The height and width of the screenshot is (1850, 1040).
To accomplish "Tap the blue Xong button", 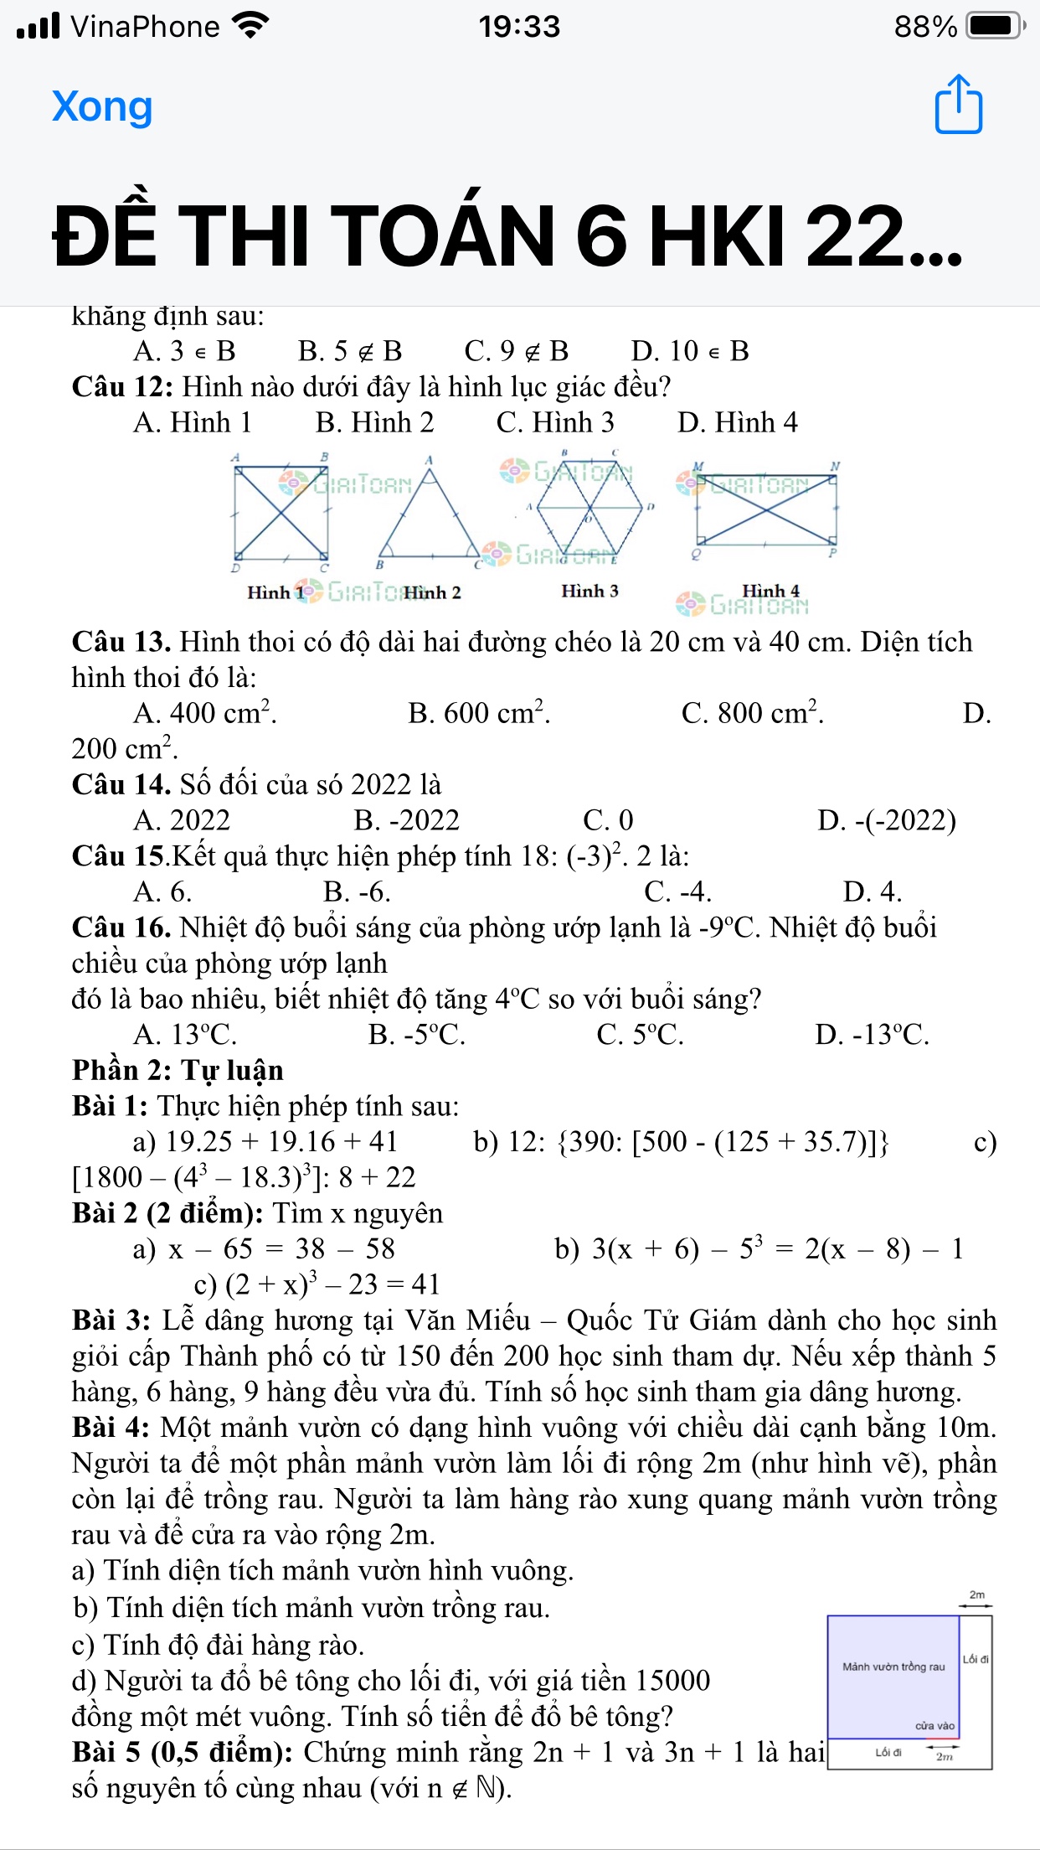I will tap(102, 106).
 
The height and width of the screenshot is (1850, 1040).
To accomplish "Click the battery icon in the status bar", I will tap(994, 26).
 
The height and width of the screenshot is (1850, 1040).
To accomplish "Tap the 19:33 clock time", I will tap(519, 26).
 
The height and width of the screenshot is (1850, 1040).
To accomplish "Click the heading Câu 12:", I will tap(122, 387).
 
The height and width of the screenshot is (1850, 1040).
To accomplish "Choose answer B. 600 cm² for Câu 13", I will tap(478, 713).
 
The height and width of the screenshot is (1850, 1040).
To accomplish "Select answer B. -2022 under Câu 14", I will tap(407, 820).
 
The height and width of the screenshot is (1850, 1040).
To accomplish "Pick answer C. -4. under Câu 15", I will tap(677, 891).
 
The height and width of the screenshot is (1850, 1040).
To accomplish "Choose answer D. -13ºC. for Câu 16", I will tap(872, 1035).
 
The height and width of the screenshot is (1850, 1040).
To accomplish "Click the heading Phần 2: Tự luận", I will tap(178, 1071).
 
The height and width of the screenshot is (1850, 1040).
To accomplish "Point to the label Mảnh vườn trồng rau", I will tap(893, 1667).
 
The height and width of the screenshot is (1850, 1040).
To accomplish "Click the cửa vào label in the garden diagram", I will tap(934, 1726).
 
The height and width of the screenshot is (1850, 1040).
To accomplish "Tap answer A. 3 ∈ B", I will tap(184, 351).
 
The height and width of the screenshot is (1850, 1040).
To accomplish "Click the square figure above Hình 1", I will tap(281, 513).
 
